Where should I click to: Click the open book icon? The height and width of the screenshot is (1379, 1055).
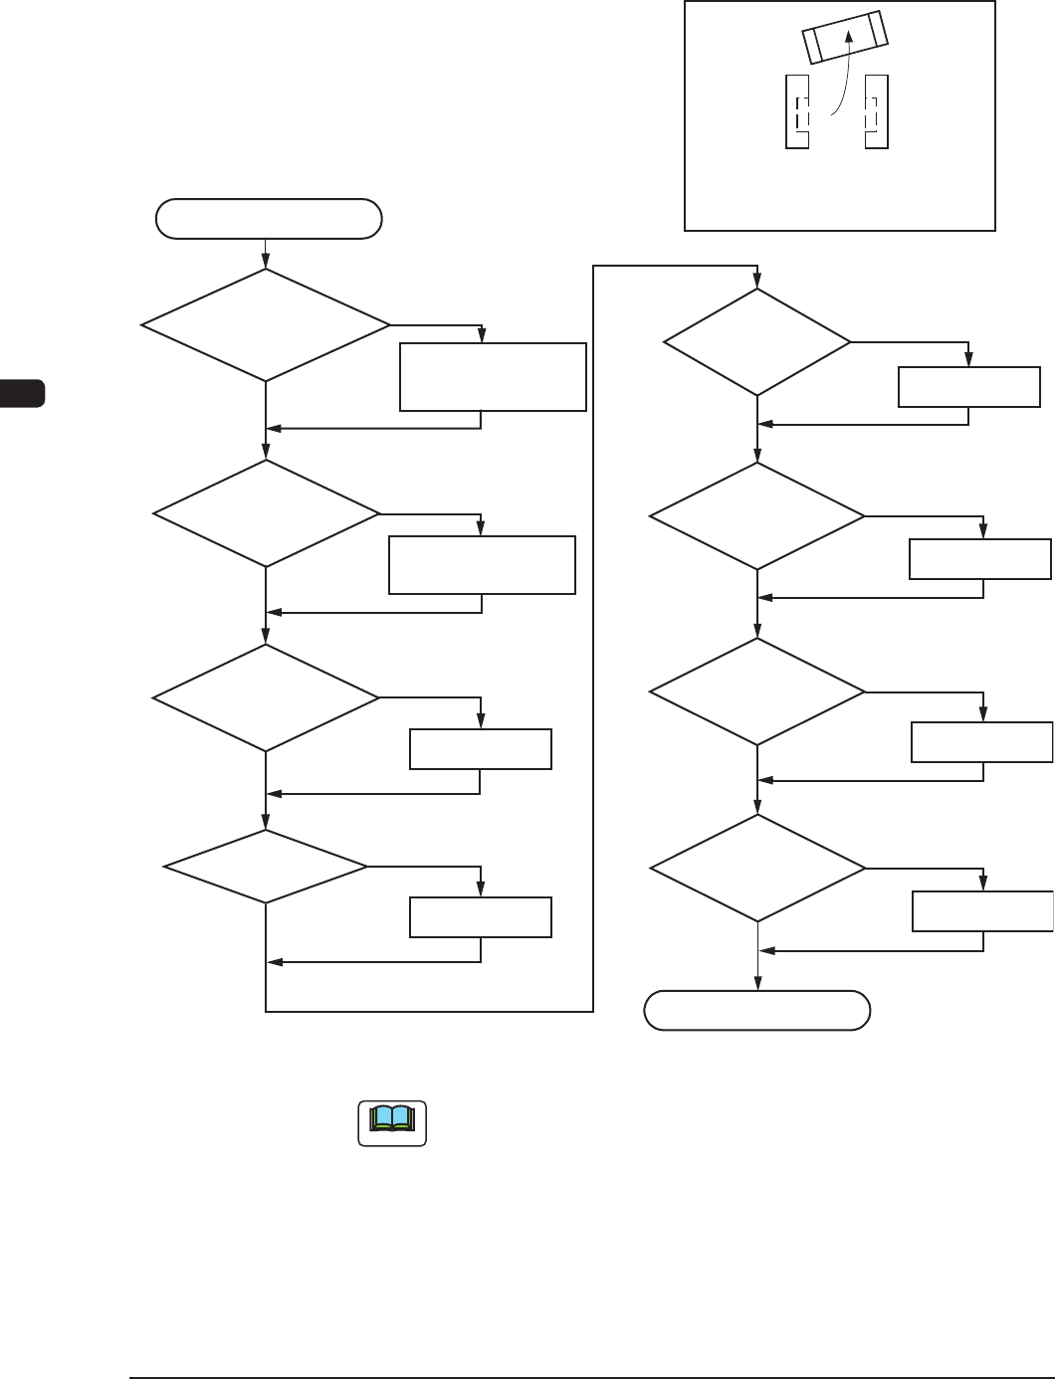[x=392, y=1122]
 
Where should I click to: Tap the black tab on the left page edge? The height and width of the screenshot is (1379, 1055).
[x=22, y=392]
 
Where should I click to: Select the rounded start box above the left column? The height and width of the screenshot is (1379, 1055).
[x=269, y=219]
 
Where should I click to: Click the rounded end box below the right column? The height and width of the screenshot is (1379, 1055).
[x=757, y=1010]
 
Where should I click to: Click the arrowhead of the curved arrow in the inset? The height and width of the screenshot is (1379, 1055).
[x=848, y=36]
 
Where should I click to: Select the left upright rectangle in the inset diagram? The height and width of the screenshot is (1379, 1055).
[x=796, y=111]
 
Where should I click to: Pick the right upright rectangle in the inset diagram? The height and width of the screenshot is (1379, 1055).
[x=876, y=111]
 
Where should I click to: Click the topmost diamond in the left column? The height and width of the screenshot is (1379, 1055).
[x=266, y=325]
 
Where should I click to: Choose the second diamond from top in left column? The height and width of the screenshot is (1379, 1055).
[x=266, y=513]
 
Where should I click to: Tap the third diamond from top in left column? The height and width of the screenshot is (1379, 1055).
[x=266, y=697]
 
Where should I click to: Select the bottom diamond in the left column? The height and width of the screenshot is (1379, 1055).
[x=266, y=867]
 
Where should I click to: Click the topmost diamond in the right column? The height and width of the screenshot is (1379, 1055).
[x=757, y=342]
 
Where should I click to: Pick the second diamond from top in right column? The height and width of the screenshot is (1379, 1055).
[x=757, y=516]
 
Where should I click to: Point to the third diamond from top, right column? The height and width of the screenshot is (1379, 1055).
[x=757, y=690]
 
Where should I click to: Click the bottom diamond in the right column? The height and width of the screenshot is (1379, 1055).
[x=757, y=869]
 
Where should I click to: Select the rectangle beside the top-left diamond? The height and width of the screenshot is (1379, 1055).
[x=493, y=377]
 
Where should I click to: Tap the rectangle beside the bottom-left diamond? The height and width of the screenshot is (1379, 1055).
[x=481, y=917]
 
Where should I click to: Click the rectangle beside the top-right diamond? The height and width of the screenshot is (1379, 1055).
[x=969, y=387]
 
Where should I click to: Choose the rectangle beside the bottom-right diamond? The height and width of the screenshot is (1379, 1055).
[x=983, y=911]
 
